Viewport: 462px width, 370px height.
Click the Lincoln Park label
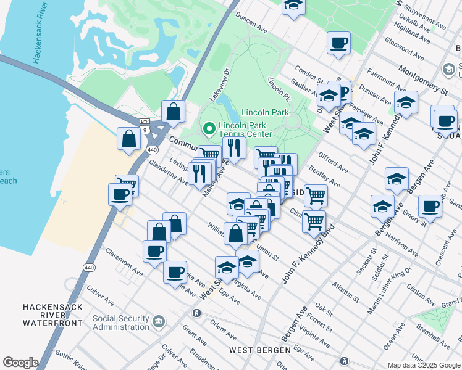pyautogui.click(x=265, y=113)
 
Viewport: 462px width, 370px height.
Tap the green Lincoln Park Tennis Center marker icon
pyautogui.click(x=209, y=129)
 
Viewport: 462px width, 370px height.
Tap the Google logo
pyautogui.click(x=20, y=363)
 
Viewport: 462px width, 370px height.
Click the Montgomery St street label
pyautogui.click(x=423, y=80)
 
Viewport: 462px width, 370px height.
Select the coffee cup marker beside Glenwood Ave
pyautogui.click(x=338, y=44)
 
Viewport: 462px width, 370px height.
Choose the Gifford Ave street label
pyautogui.click(x=334, y=164)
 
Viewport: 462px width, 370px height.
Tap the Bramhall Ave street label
pyautogui.click(x=433, y=333)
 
